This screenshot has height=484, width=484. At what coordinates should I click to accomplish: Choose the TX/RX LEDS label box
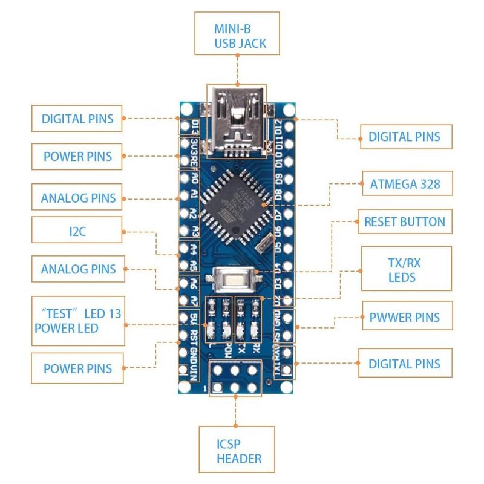tap(406, 268)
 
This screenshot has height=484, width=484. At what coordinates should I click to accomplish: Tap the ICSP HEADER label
tap(237, 449)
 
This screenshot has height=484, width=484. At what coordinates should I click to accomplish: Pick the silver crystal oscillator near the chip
tap(264, 245)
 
